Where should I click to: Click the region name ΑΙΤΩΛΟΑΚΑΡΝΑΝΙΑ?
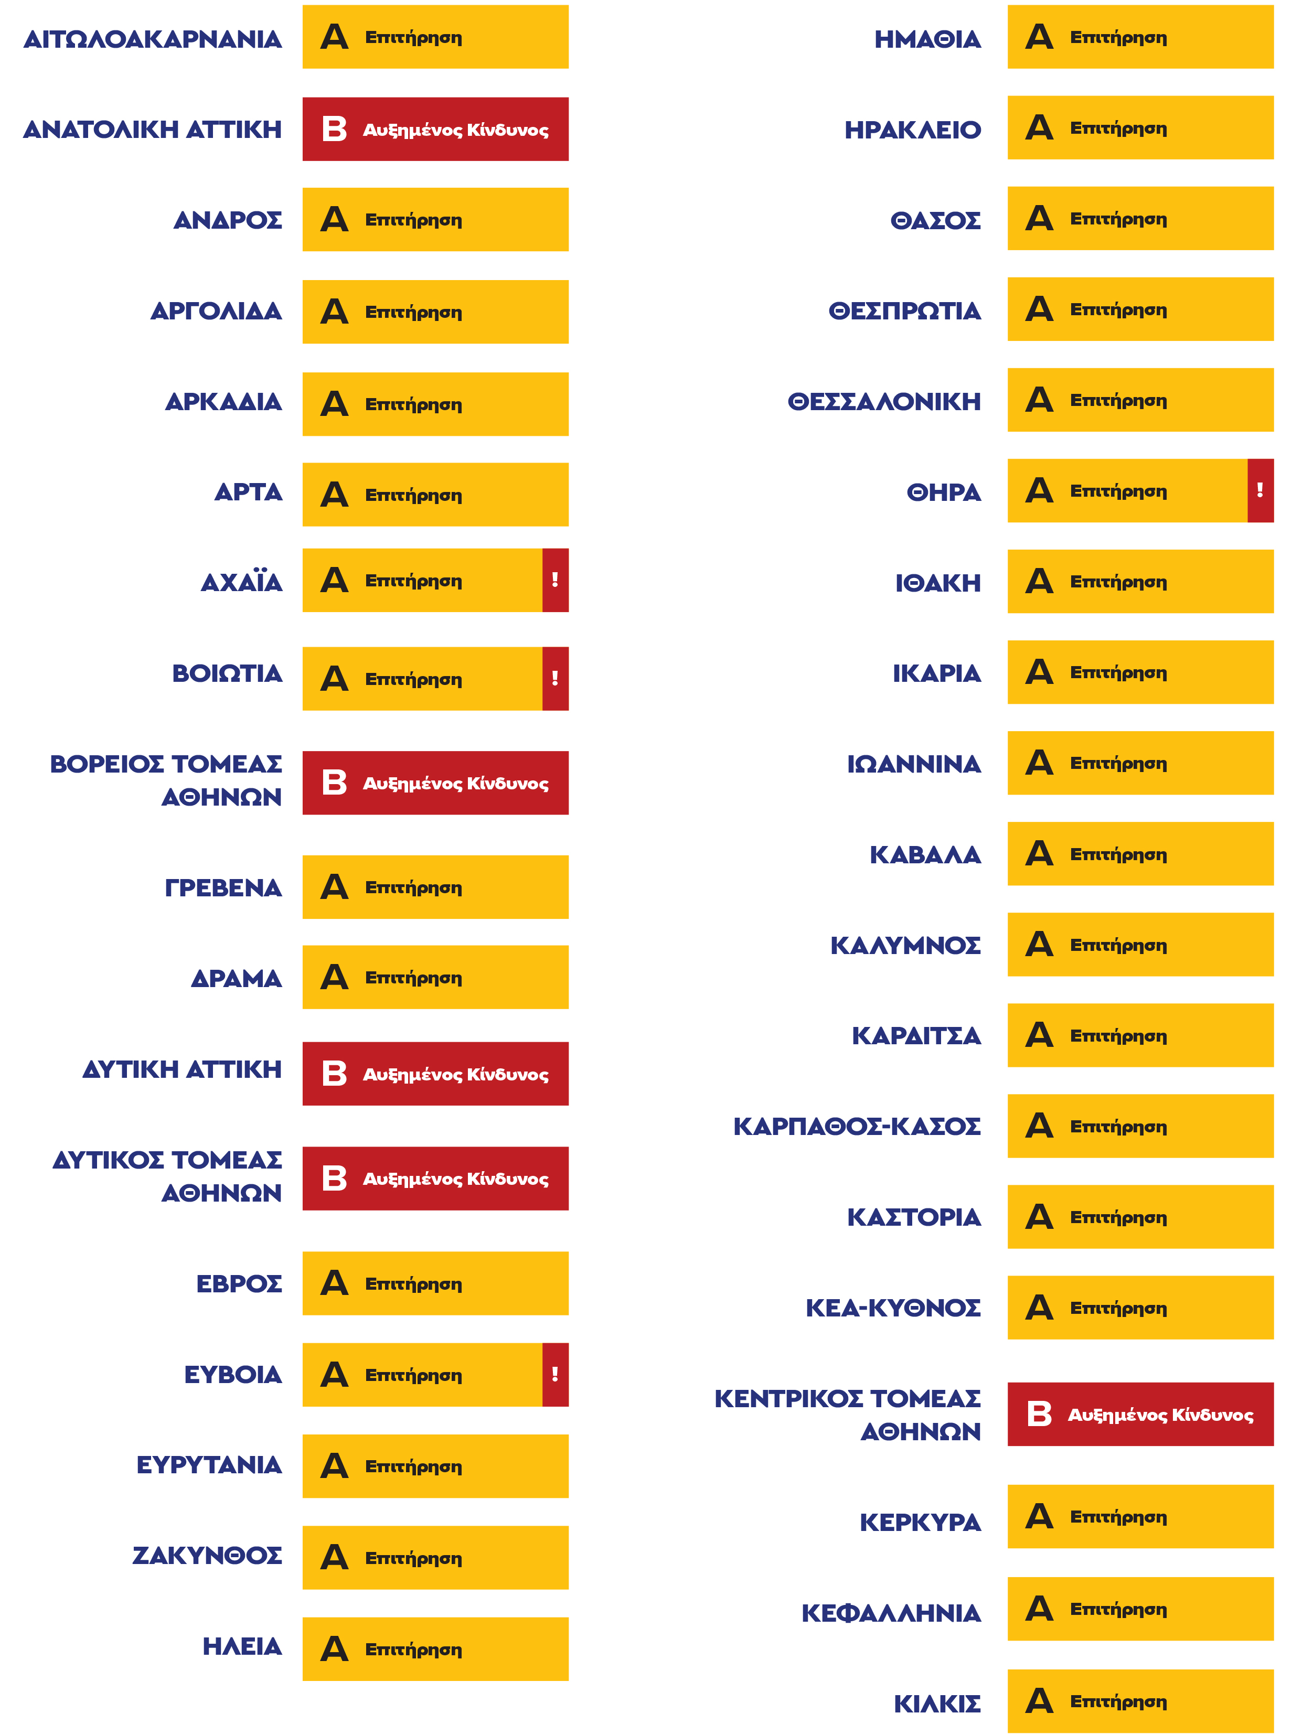point(153,39)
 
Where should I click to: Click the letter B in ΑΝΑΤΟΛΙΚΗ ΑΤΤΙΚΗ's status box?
point(334,129)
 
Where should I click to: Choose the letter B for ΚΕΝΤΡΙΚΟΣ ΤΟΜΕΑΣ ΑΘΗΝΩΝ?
point(1039,1413)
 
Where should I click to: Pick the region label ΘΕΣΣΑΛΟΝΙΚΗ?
point(884,402)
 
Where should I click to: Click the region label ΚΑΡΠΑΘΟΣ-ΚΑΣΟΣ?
point(857,1127)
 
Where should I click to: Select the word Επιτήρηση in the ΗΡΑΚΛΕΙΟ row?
point(1118,128)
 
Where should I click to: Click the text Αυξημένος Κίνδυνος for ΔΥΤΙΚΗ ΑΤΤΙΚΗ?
point(455,1074)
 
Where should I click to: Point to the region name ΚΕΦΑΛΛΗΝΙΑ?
point(891,1613)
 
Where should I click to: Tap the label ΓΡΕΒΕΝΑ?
point(223,887)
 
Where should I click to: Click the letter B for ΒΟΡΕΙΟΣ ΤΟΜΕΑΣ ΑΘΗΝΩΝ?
point(334,782)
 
